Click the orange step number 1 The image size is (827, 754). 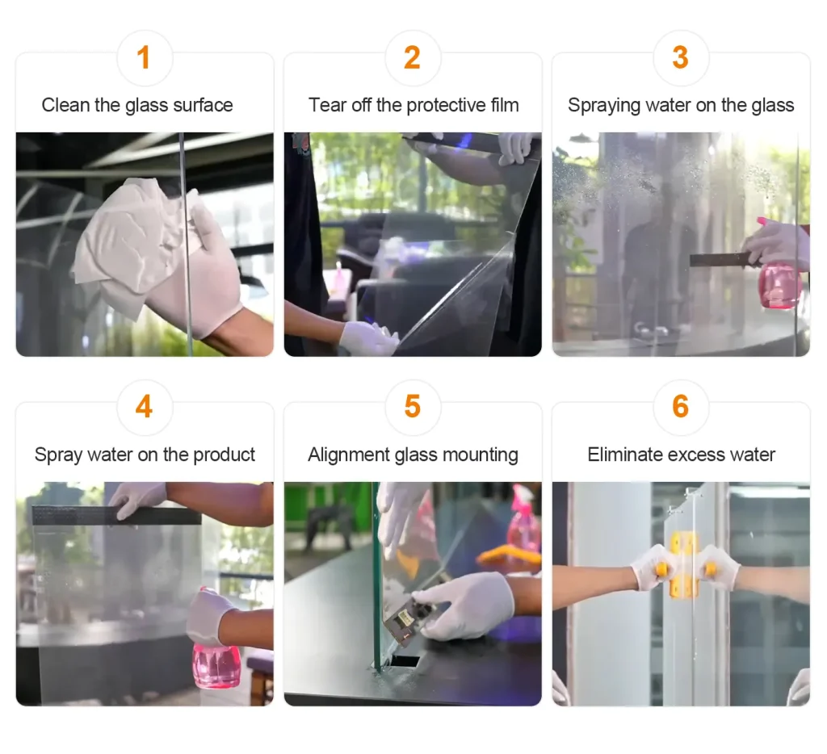[144, 57]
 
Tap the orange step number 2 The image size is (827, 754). [412, 57]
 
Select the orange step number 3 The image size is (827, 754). [680, 57]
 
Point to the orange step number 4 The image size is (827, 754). [144, 407]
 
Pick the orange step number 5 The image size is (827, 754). [413, 407]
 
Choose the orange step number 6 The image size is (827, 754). [680, 407]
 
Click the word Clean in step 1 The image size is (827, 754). [66, 105]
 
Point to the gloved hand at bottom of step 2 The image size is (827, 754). [368, 337]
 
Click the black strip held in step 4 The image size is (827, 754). [116, 515]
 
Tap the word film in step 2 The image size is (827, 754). [505, 105]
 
